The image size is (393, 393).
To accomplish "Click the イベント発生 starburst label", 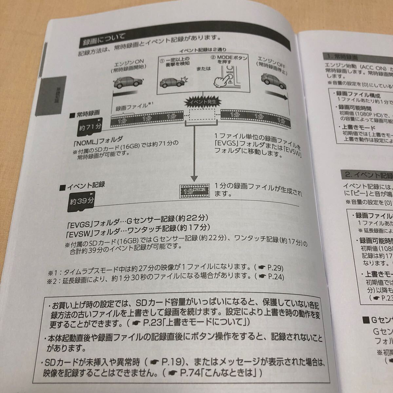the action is (201, 102).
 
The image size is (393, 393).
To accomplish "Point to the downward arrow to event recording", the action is (195, 154).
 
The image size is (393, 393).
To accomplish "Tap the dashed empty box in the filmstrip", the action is (201, 115).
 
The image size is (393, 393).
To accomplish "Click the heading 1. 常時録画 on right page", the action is (343, 57).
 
